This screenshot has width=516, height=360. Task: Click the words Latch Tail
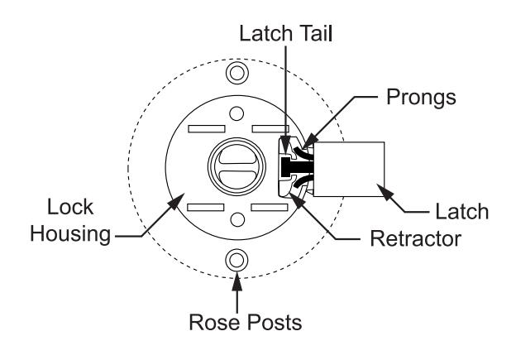click(x=285, y=34)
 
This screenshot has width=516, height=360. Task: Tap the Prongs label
click(x=421, y=98)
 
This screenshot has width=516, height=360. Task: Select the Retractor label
click(x=415, y=238)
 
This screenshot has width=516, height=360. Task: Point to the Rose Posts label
click(x=245, y=322)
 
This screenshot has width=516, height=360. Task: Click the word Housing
click(x=70, y=234)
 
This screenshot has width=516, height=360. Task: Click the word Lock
click(x=70, y=207)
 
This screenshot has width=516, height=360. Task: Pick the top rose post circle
click(x=237, y=73)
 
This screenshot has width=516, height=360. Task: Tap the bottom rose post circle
click(x=236, y=260)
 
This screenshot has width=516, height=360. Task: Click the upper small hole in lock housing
click(x=236, y=114)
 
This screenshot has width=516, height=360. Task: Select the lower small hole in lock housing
click(x=237, y=219)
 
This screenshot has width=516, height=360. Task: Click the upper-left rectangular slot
click(x=207, y=129)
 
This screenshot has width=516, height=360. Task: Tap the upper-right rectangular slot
click(x=270, y=129)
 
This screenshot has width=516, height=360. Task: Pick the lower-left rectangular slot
click(x=206, y=208)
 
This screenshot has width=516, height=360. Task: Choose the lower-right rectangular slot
click(x=270, y=208)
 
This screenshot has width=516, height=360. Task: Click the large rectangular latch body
click(x=349, y=170)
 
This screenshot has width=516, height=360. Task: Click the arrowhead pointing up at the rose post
click(x=236, y=282)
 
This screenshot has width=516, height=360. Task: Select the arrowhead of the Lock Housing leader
click(x=177, y=201)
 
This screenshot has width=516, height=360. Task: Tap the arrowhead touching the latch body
click(x=385, y=192)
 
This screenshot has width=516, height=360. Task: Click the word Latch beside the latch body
click(x=461, y=212)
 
